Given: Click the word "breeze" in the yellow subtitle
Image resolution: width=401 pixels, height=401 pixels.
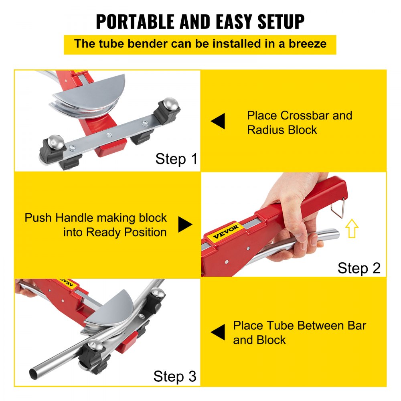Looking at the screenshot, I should tap(308, 44).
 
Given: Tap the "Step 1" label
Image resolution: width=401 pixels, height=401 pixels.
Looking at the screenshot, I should tap(176, 159).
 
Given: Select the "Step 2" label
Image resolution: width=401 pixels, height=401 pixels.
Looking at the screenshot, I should tap(359, 267).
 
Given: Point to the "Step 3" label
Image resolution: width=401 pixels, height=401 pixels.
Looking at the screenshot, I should tap(175, 376).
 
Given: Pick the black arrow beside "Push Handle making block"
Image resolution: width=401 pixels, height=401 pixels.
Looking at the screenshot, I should tap(185, 225).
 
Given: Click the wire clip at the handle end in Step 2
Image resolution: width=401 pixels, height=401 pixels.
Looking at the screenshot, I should tap(342, 209).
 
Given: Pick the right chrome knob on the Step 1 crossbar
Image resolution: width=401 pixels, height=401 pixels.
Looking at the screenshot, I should tap(171, 103).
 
